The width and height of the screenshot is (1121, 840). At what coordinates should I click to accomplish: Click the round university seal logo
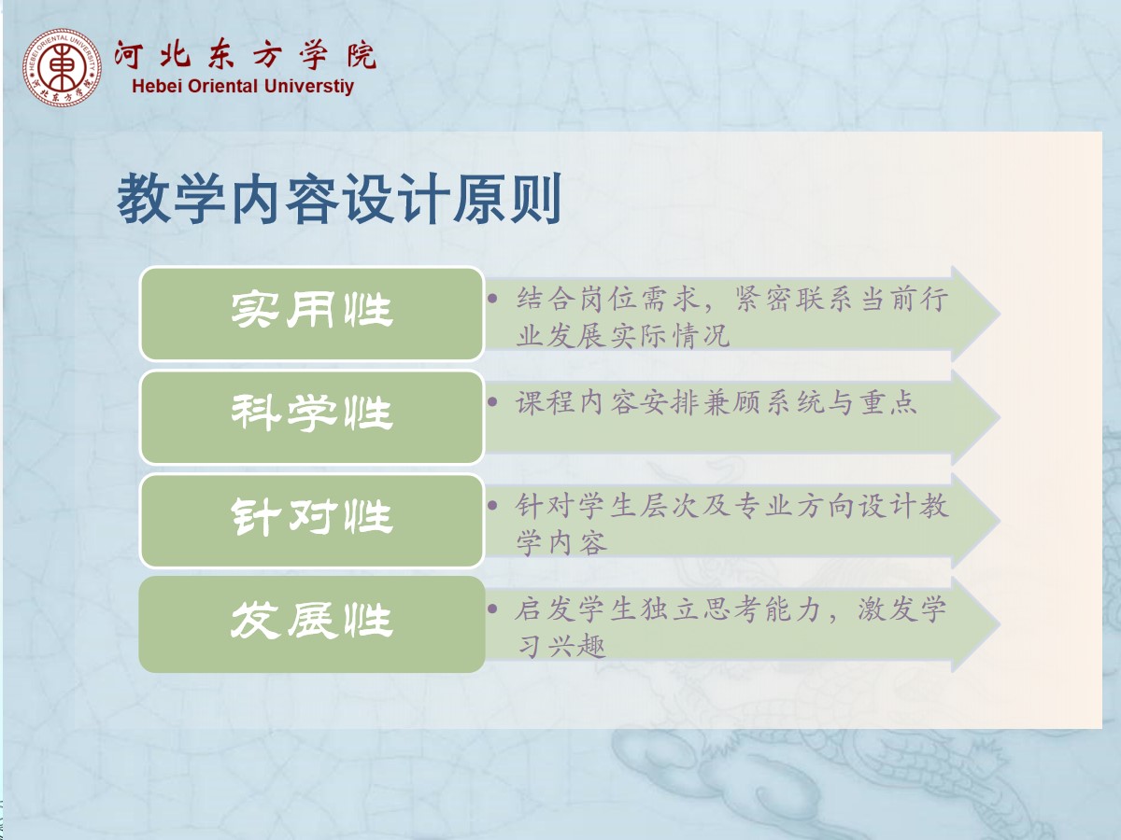pyautogui.click(x=62, y=68)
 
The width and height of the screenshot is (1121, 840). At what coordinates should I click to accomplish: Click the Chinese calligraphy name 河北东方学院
pyautogui.click(x=245, y=54)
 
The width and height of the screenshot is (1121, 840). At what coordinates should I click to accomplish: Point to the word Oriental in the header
pyautogui.click(x=222, y=86)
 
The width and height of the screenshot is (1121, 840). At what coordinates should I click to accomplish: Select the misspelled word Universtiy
pyautogui.click(x=309, y=86)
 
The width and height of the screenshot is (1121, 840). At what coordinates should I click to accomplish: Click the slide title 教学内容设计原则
pyautogui.click(x=340, y=198)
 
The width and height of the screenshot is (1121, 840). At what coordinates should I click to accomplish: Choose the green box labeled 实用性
pyautogui.click(x=311, y=314)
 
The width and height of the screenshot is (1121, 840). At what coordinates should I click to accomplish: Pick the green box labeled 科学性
pyautogui.click(x=311, y=417)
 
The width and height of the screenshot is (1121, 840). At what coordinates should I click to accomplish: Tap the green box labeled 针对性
pyautogui.click(x=311, y=521)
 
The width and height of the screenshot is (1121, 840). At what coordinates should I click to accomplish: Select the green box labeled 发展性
pyautogui.click(x=311, y=624)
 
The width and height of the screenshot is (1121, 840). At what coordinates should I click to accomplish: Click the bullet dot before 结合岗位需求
pyautogui.click(x=492, y=299)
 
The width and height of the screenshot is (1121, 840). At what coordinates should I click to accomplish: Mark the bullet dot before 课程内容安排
pyautogui.click(x=492, y=402)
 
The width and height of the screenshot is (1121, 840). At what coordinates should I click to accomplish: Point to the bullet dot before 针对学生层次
pyautogui.click(x=492, y=506)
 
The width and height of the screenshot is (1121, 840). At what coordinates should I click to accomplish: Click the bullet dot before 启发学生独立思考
pyautogui.click(x=492, y=609)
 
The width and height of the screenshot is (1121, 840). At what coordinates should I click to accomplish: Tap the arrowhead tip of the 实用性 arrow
pyautogui.click(x=1000, y=314)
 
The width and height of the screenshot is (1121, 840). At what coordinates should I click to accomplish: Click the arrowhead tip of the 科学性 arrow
pyautogui.click(x=1000, y=418)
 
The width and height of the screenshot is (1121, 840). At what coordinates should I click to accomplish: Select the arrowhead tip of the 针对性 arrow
pyautogui.click(x=1000, y=521)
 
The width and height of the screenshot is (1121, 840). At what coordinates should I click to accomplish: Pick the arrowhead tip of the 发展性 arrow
pyautogui.click(x=1000, y=624)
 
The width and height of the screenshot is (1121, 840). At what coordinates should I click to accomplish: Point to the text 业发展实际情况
pyautogui.click(x=623, y=336)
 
